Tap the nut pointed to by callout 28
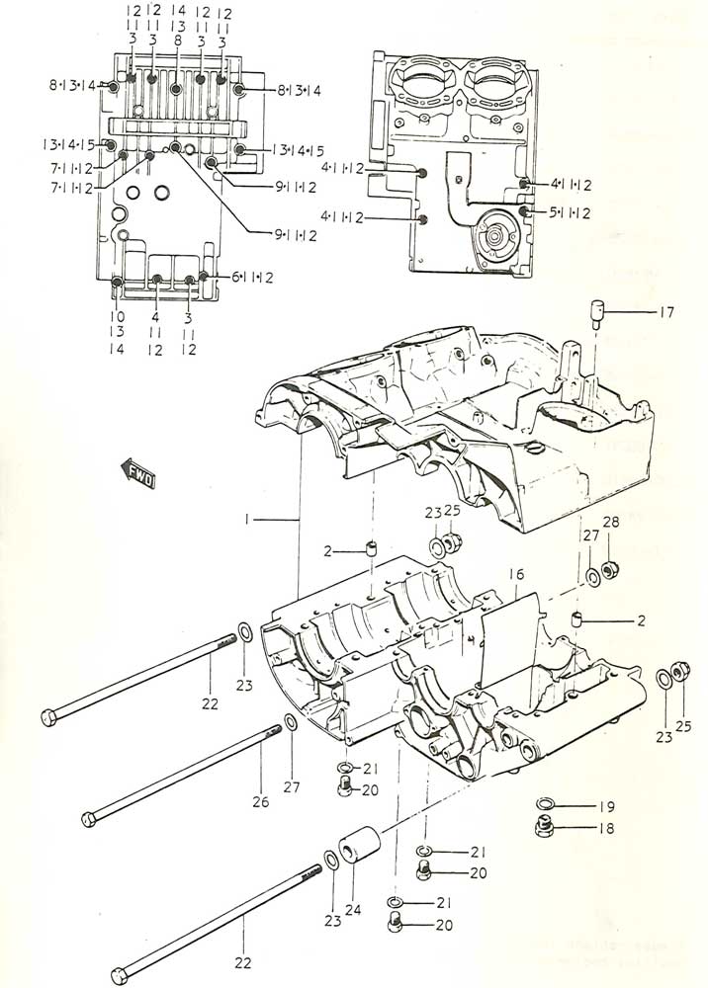[x=610, y=574]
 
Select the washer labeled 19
[x=547, y=805]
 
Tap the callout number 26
[x=260, y=802]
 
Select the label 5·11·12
[x=570, y=212]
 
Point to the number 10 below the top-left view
[x=119, y=317]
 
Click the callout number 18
[x=605, y=828]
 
